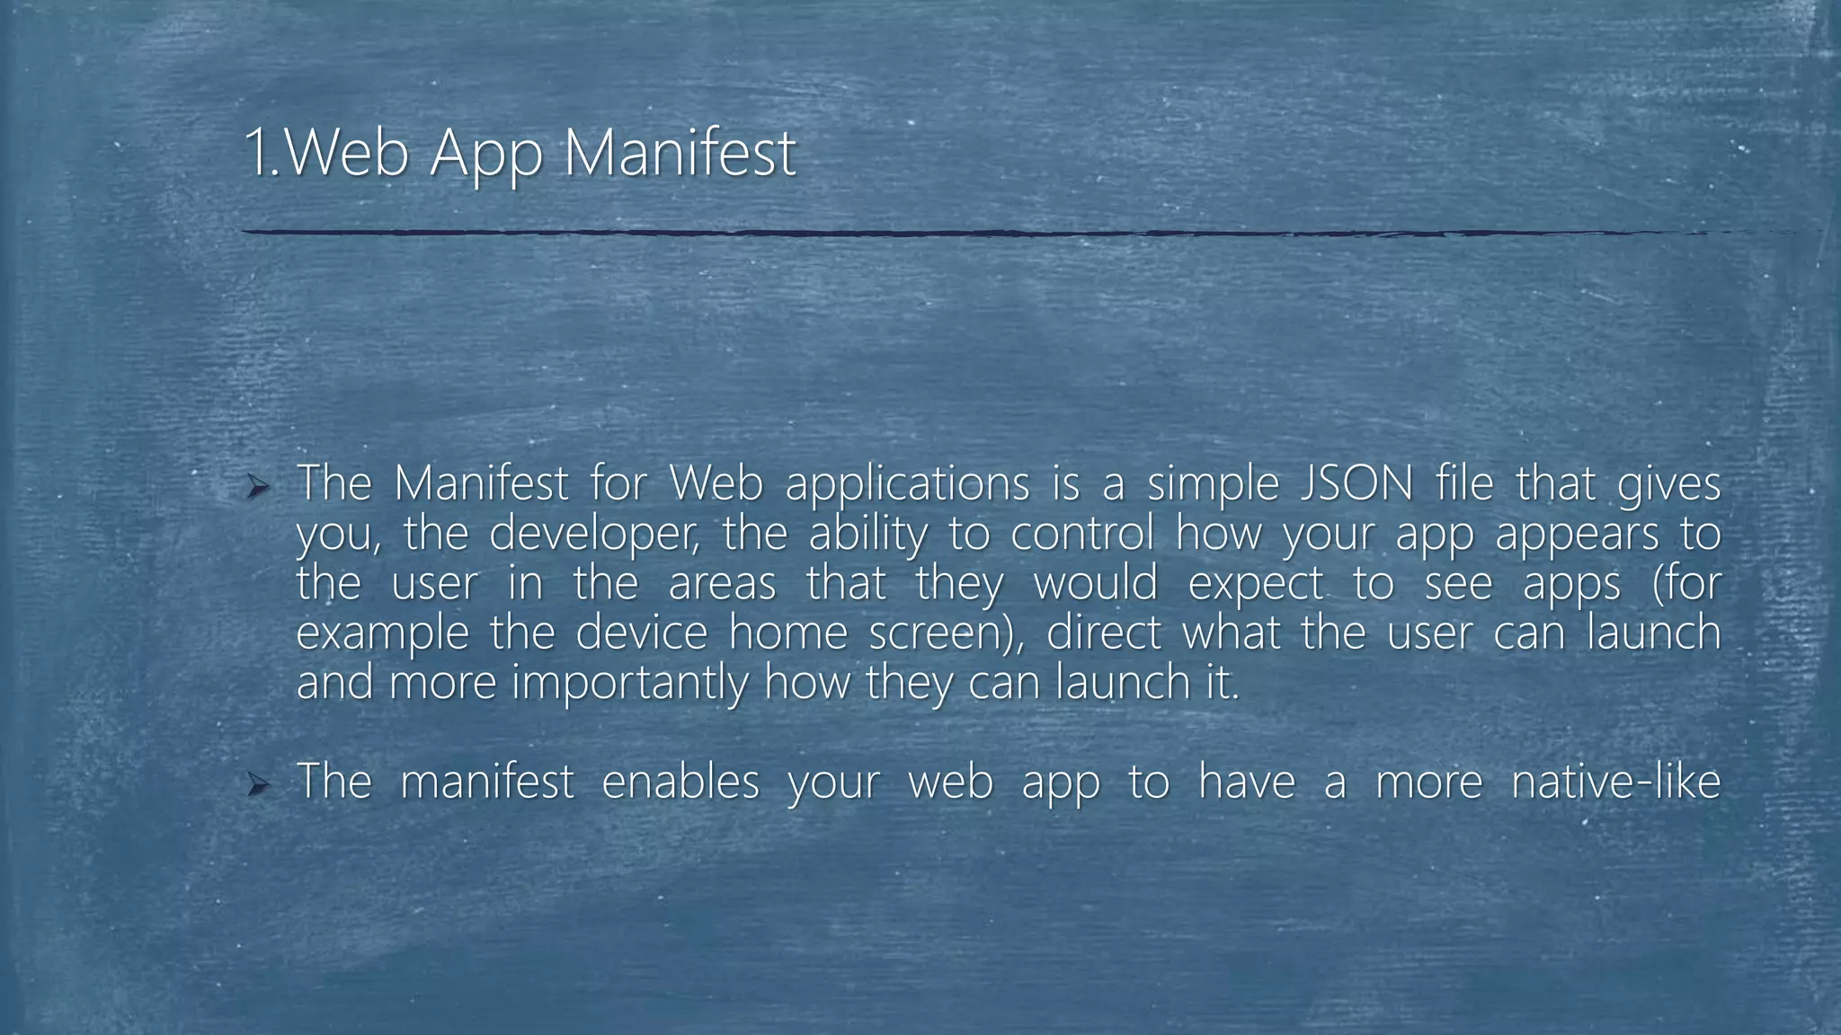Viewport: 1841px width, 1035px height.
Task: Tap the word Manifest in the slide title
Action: (x=680, y=153)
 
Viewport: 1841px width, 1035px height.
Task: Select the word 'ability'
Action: (x=867, y=535)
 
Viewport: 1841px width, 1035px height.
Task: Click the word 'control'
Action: (x=1081, y=534)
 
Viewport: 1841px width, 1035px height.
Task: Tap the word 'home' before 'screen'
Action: (x=788, y=632)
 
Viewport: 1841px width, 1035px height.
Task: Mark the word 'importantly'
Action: (x=628, y=684)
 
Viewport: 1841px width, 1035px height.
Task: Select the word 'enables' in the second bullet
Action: (x=680, y=781)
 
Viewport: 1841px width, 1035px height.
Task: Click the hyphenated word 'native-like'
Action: (x=1615, y=781)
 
